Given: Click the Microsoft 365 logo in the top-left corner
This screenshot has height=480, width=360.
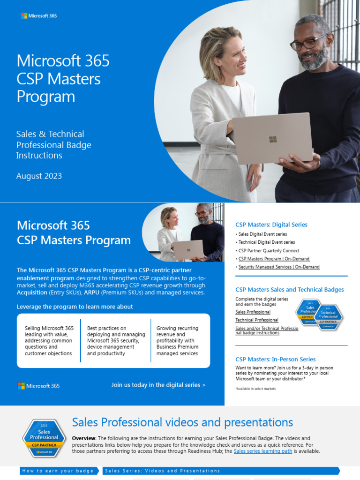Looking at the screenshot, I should click(39, 16).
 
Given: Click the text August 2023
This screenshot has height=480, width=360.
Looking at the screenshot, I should click(39, 176).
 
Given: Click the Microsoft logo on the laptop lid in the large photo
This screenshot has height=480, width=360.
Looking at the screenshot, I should click(273, 139).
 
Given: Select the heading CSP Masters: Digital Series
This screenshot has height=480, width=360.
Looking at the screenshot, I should click(271, 225).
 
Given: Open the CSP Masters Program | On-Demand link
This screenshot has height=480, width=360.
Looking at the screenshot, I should click(274, 259).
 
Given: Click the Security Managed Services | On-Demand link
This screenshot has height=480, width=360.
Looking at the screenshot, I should click(279, 267).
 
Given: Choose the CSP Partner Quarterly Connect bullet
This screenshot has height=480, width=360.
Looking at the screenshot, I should click(269, 251).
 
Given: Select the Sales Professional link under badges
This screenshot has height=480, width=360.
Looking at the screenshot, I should click(253, 312).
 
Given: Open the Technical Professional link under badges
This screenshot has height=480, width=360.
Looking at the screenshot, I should click(256, 320).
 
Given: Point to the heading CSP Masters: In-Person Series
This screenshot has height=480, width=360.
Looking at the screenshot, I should click(275, 360).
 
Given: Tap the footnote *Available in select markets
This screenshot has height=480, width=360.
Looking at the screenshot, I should click(255, 389).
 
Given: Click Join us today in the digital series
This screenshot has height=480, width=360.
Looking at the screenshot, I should click(158, 385).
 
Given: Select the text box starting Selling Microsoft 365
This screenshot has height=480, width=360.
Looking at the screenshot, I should click(49, 341).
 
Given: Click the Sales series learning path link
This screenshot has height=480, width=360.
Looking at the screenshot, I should click(263, 451).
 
